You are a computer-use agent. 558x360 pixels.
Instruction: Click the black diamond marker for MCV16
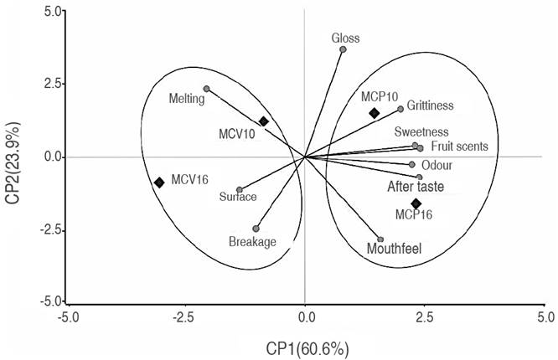pyautogui.click(x=159, y=183)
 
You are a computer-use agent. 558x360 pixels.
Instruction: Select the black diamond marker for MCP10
pyautogui.click(x=375, y=113)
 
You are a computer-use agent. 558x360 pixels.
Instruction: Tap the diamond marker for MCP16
pyautogui.click(x=416, y=203)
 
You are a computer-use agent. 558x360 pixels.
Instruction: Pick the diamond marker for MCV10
pyautogui.click(x=263, y=121)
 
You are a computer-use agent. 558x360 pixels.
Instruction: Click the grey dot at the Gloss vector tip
pyautogui.click(x=343, y=49)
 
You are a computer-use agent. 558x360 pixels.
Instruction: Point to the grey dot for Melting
pyautogui.click(x=206, y=89)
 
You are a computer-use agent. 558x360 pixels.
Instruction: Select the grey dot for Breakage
pyautogui.click(x=256, y=229)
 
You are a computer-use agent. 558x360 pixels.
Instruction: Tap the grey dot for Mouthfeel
pyautogui.click(x=380, y=239)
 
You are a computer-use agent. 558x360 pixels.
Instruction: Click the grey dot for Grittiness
pyautogui.click(x=400, y=109)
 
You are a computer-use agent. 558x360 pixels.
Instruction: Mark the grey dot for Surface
pyautogui.click(x=240, y=190)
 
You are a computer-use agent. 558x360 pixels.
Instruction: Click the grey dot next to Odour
pyautogui.click(x=412, y=165)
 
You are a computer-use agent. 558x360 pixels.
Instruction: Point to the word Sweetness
pyautogui.click(x=421, y=132)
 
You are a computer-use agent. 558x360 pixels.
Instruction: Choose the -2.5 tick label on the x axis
pyautogui.click(x=183, y=317)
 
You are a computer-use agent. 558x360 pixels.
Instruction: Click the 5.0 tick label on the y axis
pyautogui.click(x=52, y=12)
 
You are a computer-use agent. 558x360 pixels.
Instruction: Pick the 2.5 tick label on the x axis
pyautogui.click(x=426, y=317)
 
